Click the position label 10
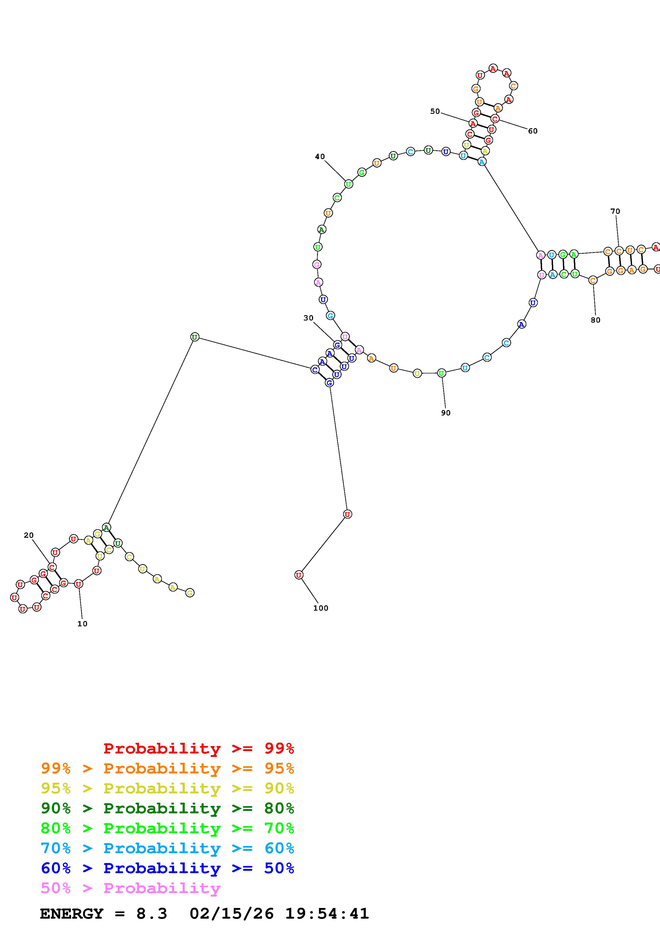point(82,624)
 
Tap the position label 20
point(28,535)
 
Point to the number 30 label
point(308,318)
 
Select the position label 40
point(320,156)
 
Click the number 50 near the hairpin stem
point(435,111)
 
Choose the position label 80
point(595,320)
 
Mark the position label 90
point(446,413)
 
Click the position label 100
point(321,608)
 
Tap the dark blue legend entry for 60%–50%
point(167,868)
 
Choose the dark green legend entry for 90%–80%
point(167,808)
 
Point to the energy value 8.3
point(151,914)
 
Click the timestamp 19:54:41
point(327,914)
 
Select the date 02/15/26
point(231,914)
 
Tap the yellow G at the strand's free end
point(190,593)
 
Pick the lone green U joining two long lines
point(195,337)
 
